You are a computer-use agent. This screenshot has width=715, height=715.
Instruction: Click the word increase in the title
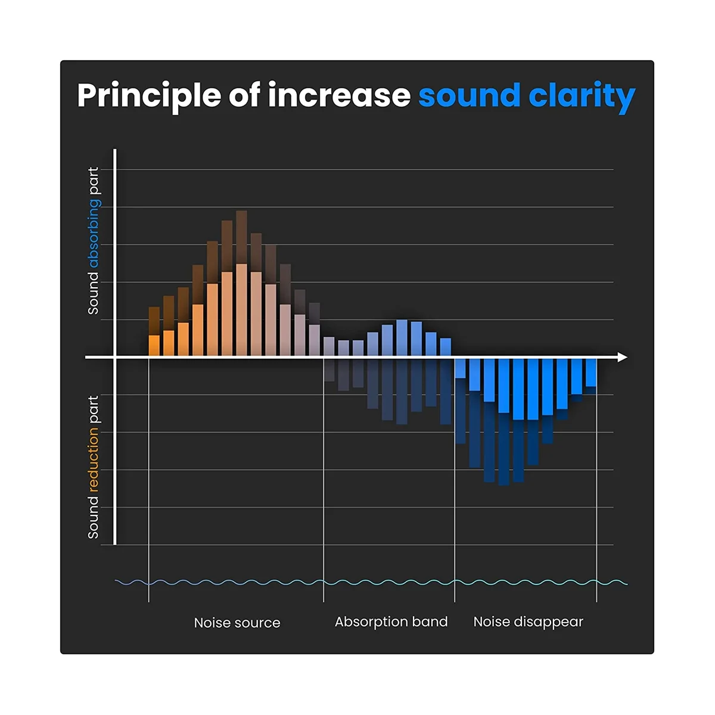pyautogui.click(x=339, y=95)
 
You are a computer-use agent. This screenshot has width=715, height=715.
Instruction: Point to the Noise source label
pyautogui.click(x=237, y=623)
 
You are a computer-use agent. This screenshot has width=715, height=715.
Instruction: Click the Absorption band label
pyautogui.click(x=391, y=622)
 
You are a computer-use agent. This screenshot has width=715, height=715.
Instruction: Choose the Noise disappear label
pyautogui.click(x=528, y=622)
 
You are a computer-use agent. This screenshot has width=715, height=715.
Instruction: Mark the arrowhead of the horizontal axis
pyautogui.click(x=622, y=357)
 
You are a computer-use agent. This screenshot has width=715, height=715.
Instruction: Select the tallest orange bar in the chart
pyautogui.click(x=241, y=310)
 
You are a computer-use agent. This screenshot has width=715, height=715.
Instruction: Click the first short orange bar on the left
pyautogui.click(x=154, y=346)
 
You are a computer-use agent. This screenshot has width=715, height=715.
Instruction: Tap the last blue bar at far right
pyautogui.click(x=591, y=372)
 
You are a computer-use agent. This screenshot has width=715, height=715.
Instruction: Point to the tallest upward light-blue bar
pyautogui.click(x=402, y=338)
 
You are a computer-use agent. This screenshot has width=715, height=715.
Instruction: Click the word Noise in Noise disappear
pyautogui.click(x=491, y=622)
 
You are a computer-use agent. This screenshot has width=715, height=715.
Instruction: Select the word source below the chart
pyautogui.click(x=257, y=623)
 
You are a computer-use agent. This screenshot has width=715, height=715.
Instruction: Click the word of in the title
pyautogui.click(x=244, y=95)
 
